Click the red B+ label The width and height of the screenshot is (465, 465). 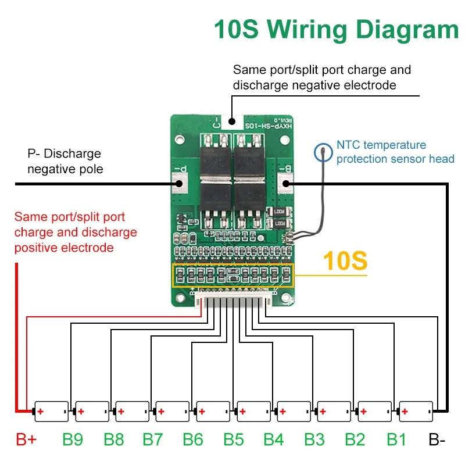coord(26,439)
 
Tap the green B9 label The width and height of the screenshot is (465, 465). coord(73,439)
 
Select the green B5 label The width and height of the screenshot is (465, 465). coord(233,439)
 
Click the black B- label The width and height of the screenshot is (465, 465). coord(437,439)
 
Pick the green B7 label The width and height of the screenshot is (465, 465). coord(153,439)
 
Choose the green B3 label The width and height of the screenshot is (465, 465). coord(314,439)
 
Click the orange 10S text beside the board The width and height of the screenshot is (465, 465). coord(345,261)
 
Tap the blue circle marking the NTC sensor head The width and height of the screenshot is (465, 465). coord(323,153)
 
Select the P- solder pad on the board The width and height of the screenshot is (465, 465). coord(178,184)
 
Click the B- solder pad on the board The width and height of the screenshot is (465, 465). coord(285,184)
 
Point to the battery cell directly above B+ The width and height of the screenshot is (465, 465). coord(52,411)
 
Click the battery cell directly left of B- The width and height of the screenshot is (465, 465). coord(416,411)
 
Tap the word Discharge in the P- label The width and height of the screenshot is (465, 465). coord(72,154)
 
